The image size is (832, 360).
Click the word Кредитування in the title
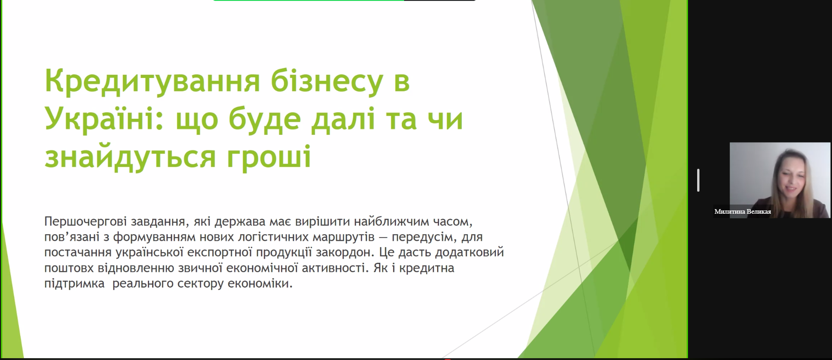tap(152, 82)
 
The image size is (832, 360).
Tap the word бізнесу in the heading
tap(327, 82)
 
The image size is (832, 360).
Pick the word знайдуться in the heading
tap(130, 157)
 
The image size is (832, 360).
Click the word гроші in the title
tap(269, 157)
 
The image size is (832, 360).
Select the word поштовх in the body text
tap(69, 268)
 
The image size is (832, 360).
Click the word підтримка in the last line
tap(74, 283)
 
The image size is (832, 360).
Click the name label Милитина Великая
tap(743, 211)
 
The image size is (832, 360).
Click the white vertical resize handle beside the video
tap(698, 180)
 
